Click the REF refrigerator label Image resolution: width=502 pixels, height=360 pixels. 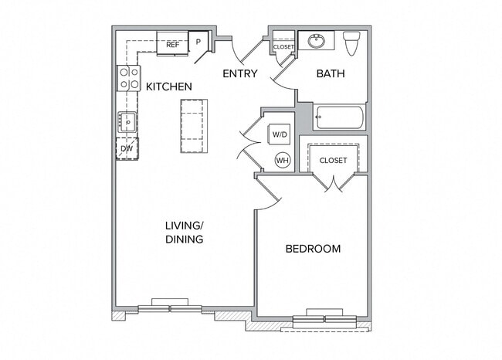click(172, 45)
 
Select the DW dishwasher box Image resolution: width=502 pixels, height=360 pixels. click(127, 148)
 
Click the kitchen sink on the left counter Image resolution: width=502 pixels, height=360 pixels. click(127, 121)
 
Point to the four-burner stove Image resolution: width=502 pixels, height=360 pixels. click(127, 78)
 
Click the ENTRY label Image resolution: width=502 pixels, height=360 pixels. click(239, 74)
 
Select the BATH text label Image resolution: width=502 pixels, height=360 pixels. click(331, 74)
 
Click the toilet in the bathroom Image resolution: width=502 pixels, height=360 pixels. click(352, 43)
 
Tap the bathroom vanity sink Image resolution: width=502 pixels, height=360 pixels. click(316, 40)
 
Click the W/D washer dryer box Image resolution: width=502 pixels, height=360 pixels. click(278, 134)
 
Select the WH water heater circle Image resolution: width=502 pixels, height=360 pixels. click(283, 160)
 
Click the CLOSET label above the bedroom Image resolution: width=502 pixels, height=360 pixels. click(333, 161)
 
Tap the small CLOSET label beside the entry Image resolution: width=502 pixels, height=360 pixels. click(283, 47)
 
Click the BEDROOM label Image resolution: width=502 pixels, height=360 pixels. click(313, 249)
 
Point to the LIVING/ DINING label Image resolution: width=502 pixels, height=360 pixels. click(184, 232)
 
